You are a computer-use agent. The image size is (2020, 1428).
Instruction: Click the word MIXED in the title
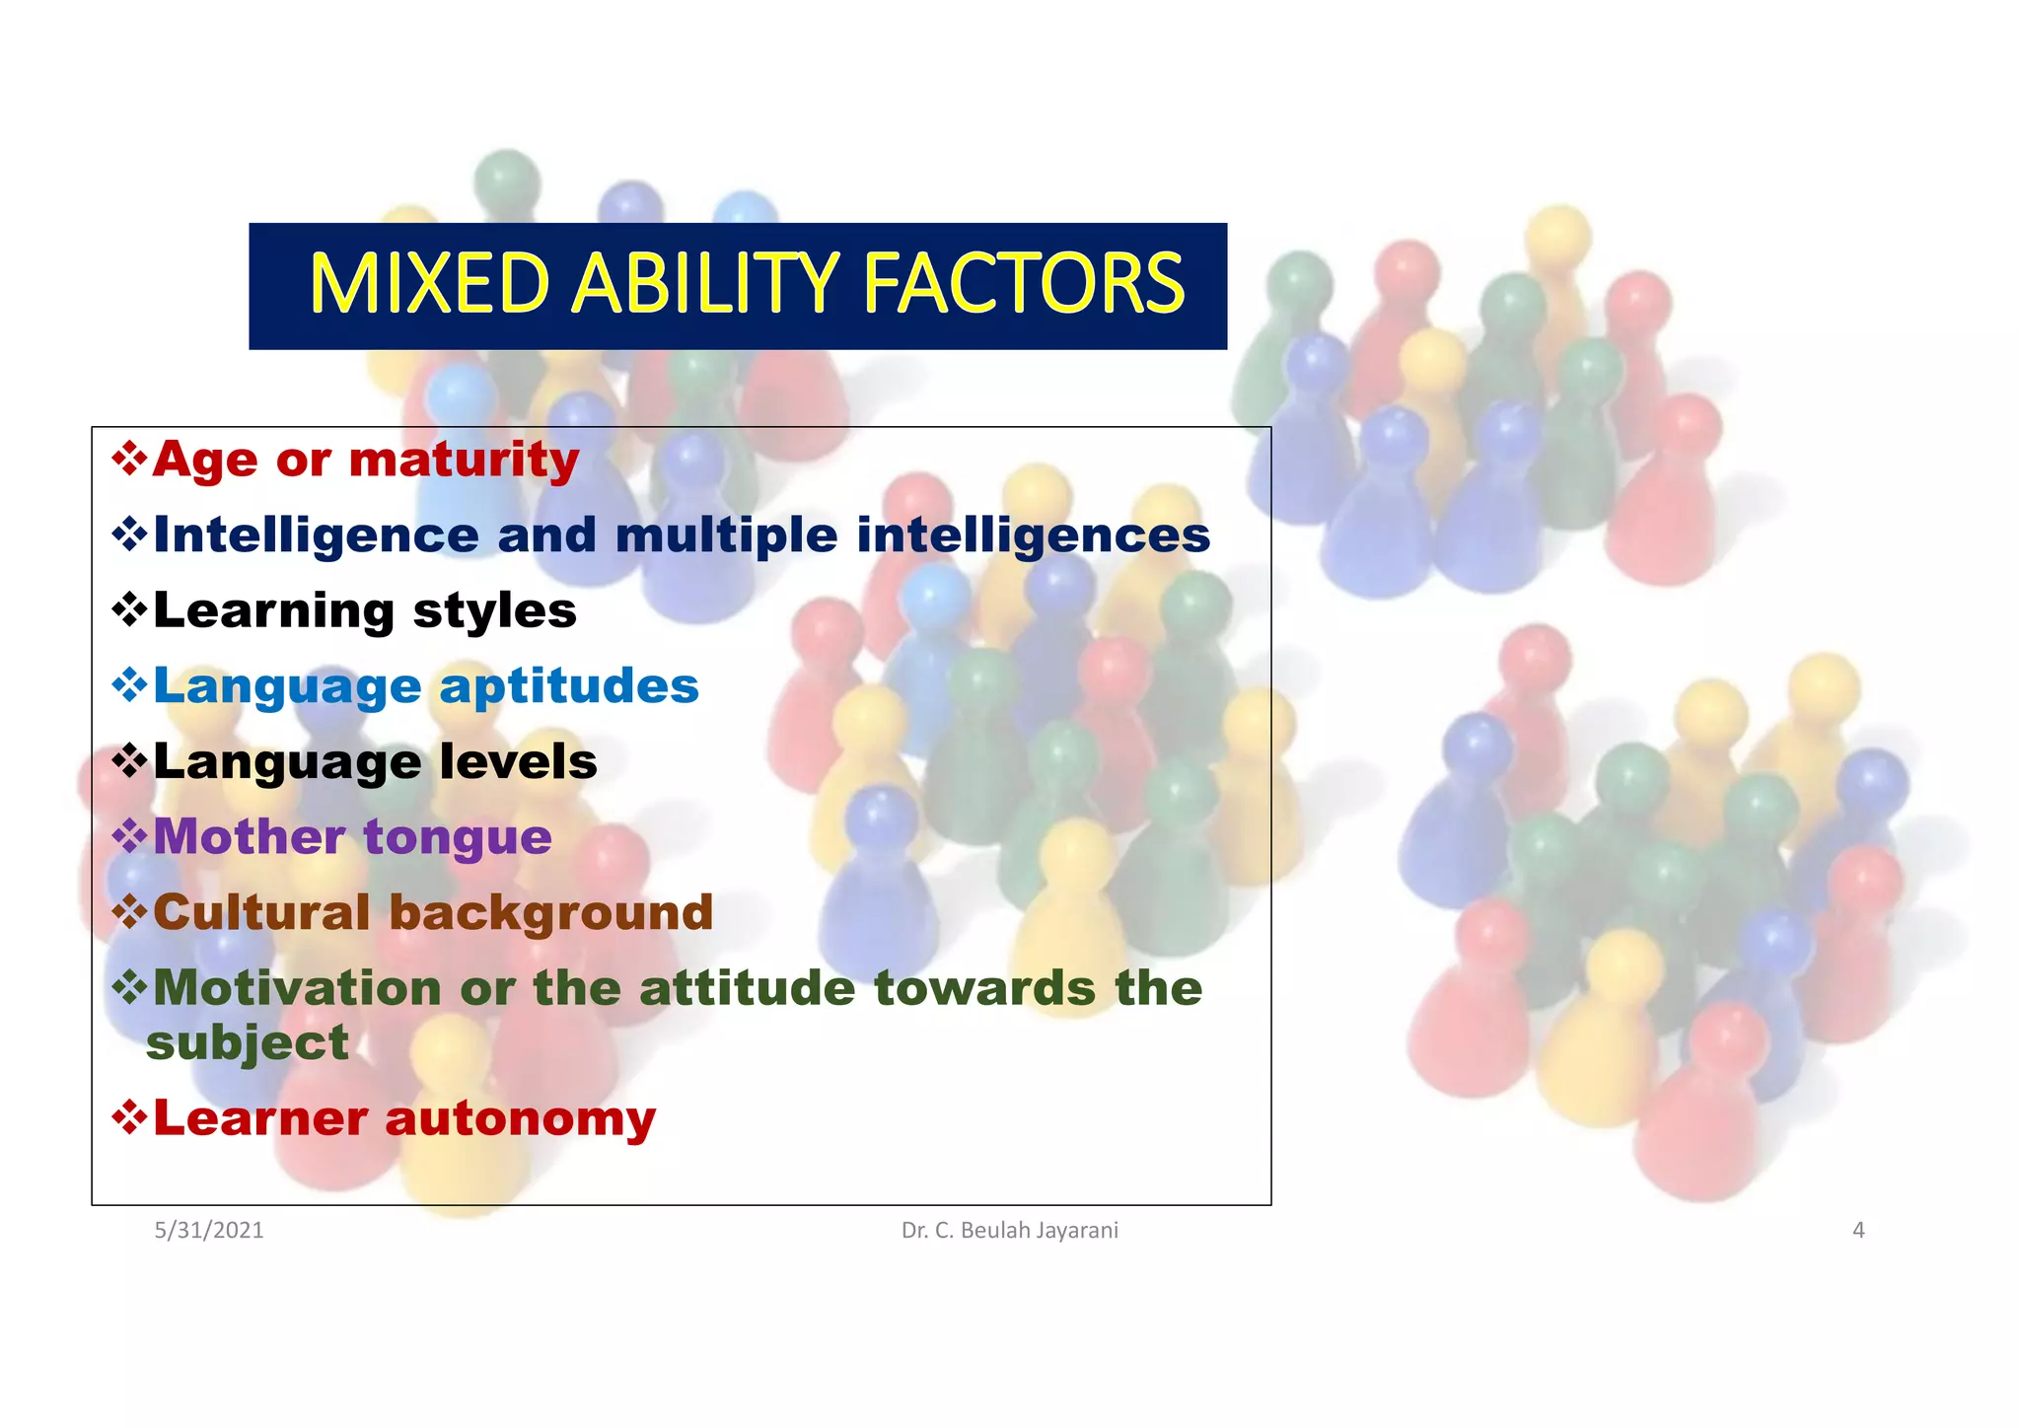click(x=428, y=284)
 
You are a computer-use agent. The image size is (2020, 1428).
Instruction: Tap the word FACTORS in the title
click(x=1023, y=284)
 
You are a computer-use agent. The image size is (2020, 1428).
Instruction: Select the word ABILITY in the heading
click(x=705, y=284)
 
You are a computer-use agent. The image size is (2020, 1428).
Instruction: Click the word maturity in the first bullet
click(x=464, y=460)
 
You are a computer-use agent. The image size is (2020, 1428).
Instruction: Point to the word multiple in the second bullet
click(x=726, y=535)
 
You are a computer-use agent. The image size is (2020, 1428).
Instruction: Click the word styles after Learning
click(x=494, y=611)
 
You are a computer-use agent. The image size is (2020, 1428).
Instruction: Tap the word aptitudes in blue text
click(x=569, y=685)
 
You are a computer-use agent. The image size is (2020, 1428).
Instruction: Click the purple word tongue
click(x=458, y=838)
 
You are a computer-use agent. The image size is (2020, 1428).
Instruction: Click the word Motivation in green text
click(x=297, y=988)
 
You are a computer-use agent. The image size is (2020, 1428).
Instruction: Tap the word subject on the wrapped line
click(x=248, y=1043)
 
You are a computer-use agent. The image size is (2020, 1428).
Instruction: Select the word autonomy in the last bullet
click(x=520, y=1118)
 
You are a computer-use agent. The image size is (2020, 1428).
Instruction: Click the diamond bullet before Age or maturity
click(x=129, y=459)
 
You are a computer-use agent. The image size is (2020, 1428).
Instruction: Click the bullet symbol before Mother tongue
click(x=129, y=836)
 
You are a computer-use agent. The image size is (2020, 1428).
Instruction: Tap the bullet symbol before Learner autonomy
click(x=129, y=1117)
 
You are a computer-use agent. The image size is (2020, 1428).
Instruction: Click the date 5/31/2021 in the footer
click(x=209, y=1230)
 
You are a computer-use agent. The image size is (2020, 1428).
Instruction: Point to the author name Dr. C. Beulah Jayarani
click(x=1009, y=1230)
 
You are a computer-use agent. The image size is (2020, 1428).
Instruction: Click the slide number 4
click(x=1858, y=1230)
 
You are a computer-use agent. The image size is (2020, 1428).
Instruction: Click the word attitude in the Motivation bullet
click(x=747, y=988)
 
